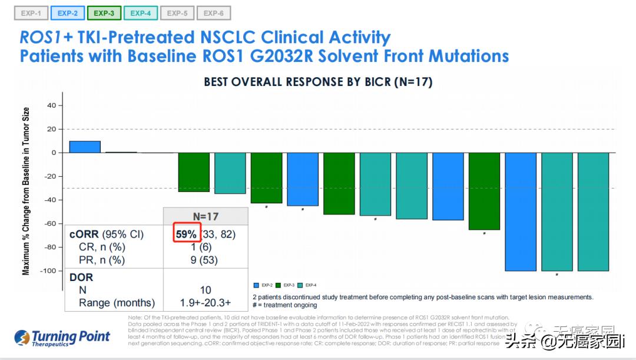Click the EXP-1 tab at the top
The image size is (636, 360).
31,12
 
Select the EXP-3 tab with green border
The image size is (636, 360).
104,12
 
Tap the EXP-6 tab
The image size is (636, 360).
213,12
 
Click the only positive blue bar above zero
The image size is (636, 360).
85,147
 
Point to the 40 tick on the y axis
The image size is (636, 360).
51,105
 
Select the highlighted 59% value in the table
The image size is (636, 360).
186,234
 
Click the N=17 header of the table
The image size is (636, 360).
205,216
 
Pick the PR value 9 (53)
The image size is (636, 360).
205,260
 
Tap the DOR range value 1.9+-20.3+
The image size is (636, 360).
205,303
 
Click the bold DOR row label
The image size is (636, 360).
81,277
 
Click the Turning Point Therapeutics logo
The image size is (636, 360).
62,338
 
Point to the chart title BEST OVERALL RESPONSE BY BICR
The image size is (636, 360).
318,82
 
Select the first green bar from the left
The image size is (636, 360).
194,172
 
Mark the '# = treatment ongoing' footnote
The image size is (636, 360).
284,305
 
